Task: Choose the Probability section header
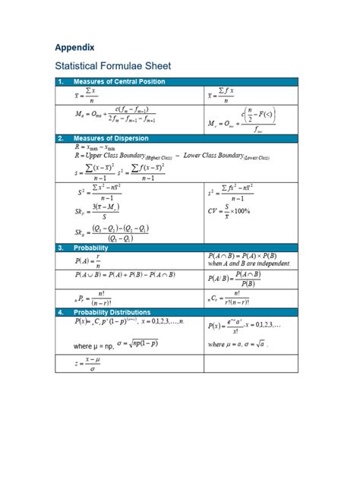coord(90,248)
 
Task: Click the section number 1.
coord(60,81)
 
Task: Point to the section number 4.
coord(60,311)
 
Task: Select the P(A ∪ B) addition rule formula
coord(125,275)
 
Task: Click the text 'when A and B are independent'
coord(248,264)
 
